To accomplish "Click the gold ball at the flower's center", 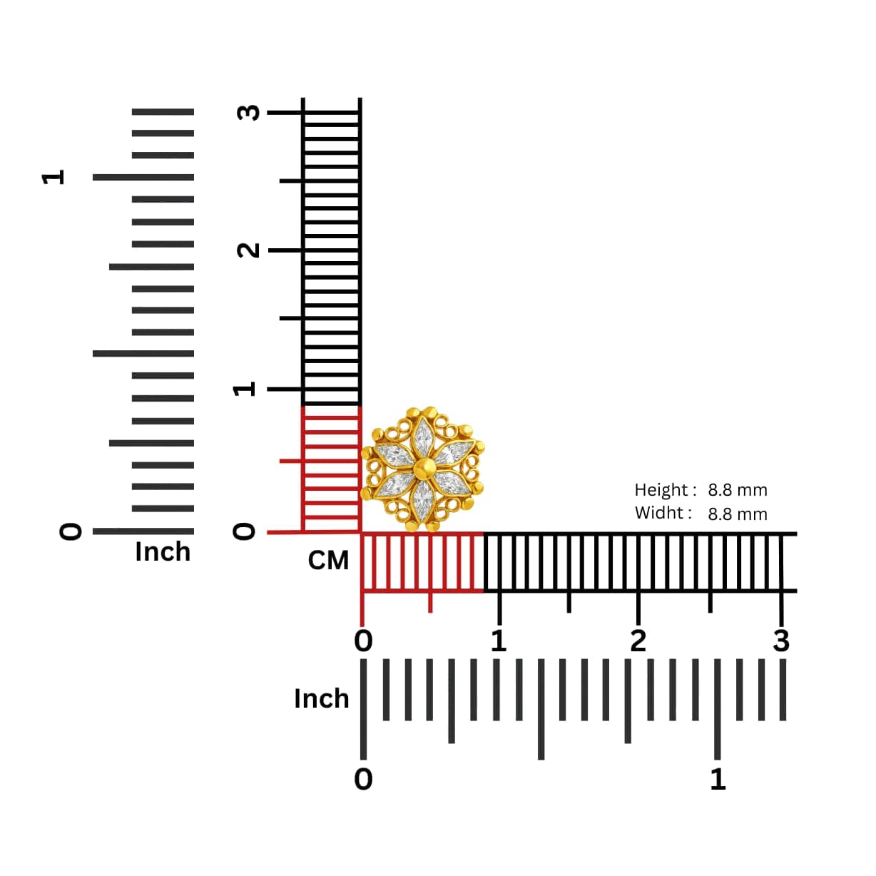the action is click(x=424, y=469).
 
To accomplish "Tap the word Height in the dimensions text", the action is click(x=661, y=490).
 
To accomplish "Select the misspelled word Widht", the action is click(x=659, y=513).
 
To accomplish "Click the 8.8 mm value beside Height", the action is click(x=738, y=490).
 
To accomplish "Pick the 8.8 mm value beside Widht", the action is click(x=738, y=514).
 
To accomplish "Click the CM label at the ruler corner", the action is click(x=328, y=561).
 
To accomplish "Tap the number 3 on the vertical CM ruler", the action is click(x=248, y=112).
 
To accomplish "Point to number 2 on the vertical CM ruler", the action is click(x=248, y=250).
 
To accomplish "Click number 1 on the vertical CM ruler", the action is click(x=245, y=389).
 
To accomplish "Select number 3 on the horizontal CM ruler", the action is click(x=781, y=641).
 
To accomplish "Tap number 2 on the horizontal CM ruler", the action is click(x=638, y=641).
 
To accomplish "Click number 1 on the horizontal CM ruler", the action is click(x=499, y=641).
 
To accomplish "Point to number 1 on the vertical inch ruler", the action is click(x=53, y=177).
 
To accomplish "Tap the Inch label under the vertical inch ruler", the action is click(x=163, y=552).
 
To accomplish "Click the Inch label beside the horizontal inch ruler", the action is click(x=322, y=698).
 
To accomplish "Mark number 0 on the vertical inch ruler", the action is click(x=71, y=531).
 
